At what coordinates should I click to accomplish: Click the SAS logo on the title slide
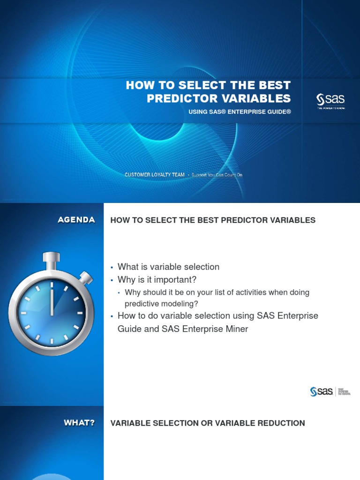[x=330, y=99]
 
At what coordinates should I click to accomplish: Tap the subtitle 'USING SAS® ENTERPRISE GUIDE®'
[x=240, y=112]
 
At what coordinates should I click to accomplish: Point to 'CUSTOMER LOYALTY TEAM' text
[x=155, y=175]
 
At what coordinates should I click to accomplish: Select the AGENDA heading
[x=76, y=220]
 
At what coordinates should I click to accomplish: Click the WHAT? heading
[x=79, y=423]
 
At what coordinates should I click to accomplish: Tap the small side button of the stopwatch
[x=86, y=278]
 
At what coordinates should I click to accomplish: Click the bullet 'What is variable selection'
[x=168, y=267]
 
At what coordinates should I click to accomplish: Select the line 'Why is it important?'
[x=157, y=280]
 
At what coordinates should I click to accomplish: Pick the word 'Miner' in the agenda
[x=236, y=329]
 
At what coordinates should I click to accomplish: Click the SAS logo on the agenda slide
[x=322, y=391]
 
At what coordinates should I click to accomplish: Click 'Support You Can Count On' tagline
[x=217, y=175]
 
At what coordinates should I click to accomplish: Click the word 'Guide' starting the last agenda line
[x=129, y=329]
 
